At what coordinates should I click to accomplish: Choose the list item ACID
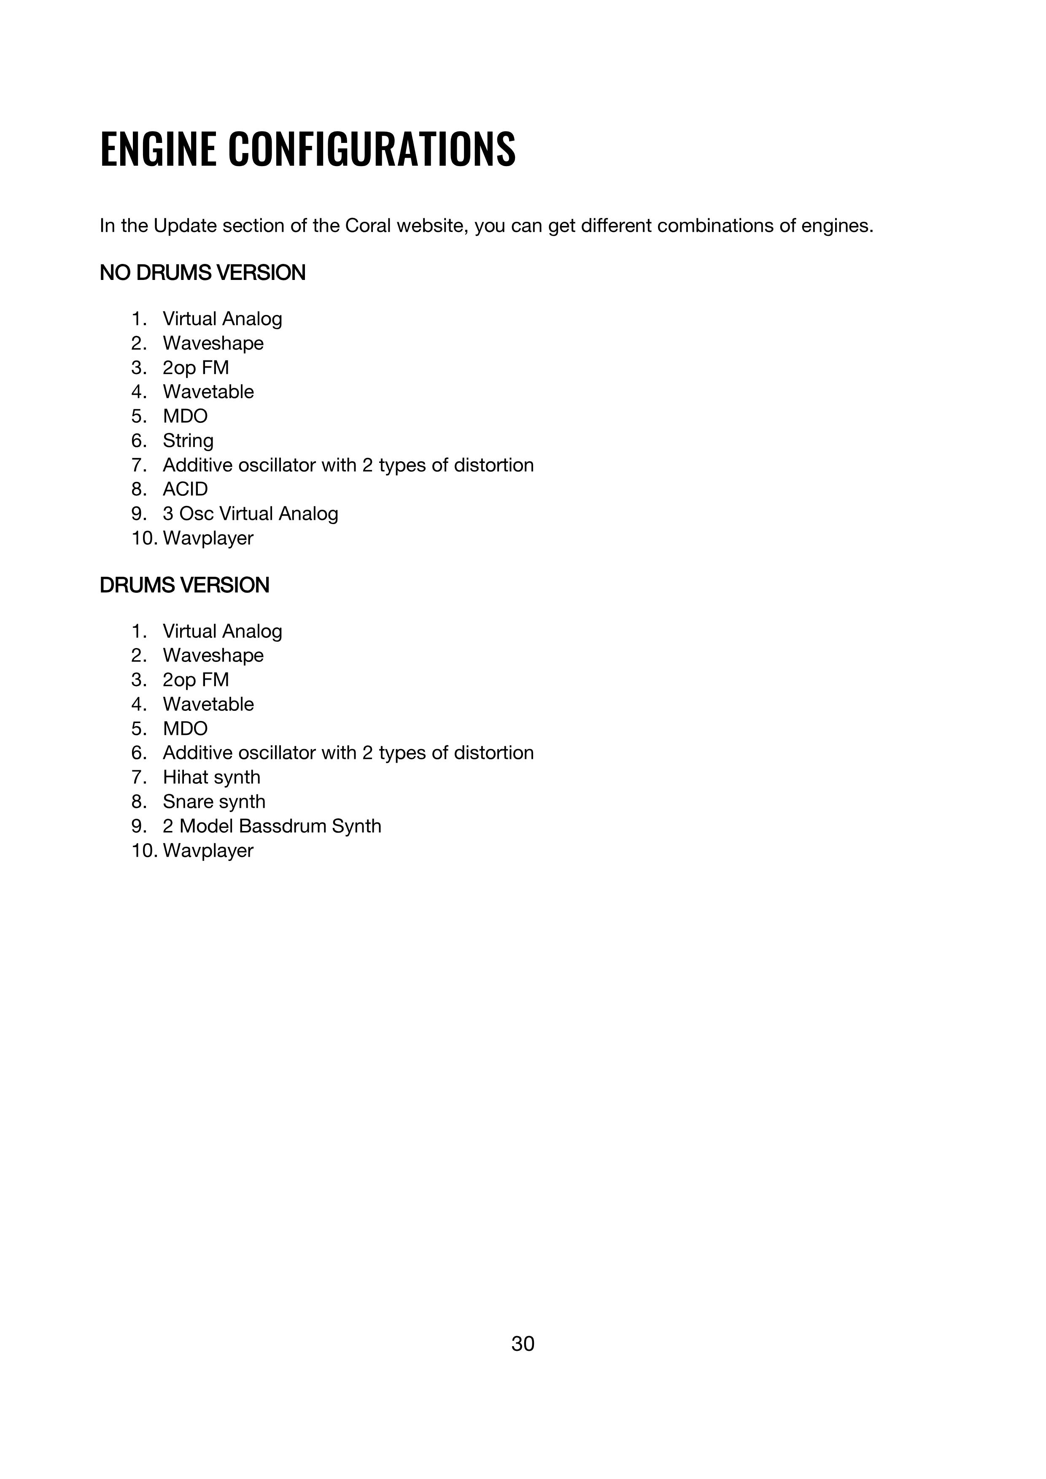[x=185, y=489]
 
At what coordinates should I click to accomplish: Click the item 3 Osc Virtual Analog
[x=250, y=514]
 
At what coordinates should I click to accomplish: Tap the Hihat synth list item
[x=211, y=777]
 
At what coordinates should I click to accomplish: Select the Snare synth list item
[x=214, y=801]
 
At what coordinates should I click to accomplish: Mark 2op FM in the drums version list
[x=195, y=680]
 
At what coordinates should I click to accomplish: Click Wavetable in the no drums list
[x=208, y=392]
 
